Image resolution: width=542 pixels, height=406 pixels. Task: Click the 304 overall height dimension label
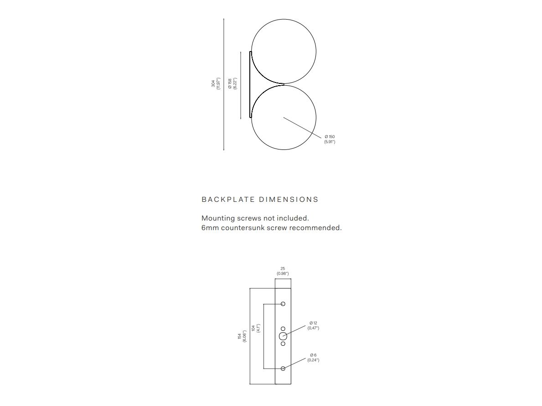click(x=216, y=84)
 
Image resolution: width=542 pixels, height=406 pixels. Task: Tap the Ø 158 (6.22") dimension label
click(x=232, y=84)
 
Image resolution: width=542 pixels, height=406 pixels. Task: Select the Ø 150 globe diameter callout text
click(x=330, y=139)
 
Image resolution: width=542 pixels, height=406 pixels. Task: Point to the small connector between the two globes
click(x=283, y=84)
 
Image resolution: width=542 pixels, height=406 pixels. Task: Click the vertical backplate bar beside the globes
click(x=251, y=84)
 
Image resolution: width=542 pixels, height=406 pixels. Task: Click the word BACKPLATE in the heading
click(x=228, y=200)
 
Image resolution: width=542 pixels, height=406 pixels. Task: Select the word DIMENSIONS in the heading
click(x=289, y=200)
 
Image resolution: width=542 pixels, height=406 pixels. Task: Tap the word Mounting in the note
click(x=217, y=218)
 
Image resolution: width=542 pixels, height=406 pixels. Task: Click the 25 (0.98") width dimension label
click(x=283, y=271)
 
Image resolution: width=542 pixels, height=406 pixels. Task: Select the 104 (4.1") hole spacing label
click(x=255, y=329)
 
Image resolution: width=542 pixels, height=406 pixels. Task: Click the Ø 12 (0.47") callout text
click(x=313, y=325)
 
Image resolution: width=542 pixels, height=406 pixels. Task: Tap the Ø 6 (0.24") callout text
click(x=313, y=357)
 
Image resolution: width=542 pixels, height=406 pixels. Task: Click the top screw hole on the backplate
click(x=283, y=304)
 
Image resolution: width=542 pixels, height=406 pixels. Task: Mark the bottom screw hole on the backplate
click(x=283, y=368)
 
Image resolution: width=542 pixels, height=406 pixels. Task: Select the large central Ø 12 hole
click(x=283, y=336)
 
